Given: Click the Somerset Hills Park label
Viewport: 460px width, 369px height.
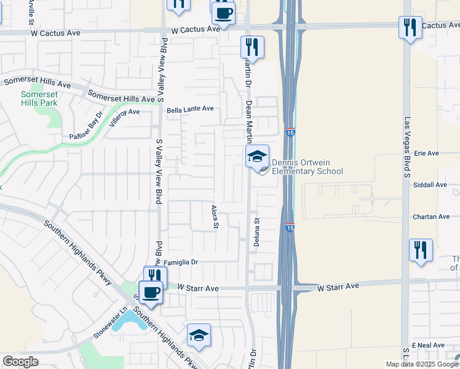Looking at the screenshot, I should point(39,98).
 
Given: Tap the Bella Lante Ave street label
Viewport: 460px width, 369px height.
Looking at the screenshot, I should point(190,109).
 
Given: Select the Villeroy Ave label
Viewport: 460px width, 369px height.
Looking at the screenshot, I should point(124,117).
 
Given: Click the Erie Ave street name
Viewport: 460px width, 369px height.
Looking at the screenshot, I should point(426,153).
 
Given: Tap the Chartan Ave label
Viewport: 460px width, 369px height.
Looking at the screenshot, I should point(431,216).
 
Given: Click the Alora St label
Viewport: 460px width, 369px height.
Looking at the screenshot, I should point(215,216).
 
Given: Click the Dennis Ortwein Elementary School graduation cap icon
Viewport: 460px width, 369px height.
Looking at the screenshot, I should point(258,156).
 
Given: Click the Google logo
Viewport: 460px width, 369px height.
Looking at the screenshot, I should point(20,362).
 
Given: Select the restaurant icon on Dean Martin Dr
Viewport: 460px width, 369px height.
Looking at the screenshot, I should point(252,46).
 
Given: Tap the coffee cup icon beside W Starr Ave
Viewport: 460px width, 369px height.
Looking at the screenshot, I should point(151,292).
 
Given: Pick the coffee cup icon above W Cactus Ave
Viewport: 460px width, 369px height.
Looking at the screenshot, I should point(223,12).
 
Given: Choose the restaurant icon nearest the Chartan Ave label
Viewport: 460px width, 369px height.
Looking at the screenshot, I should point(421,250).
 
